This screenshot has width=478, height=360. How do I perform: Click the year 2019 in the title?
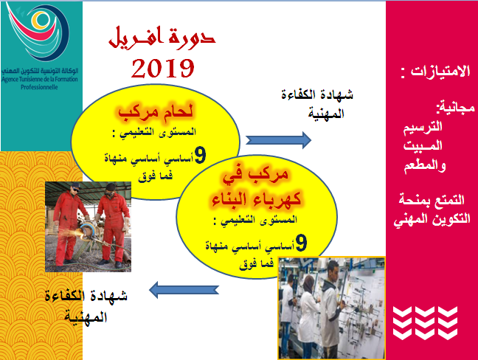tap(163, 68)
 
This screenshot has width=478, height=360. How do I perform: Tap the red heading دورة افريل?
tap(162, 38)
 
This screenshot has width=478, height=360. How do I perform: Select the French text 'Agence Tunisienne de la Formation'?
tap(40, 80)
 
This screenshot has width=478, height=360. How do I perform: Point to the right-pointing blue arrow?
tap(278, 140)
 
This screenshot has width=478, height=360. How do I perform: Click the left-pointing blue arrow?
tap(184, 290)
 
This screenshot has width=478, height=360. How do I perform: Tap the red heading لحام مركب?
tap(156, 112)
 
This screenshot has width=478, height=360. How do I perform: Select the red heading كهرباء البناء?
tap(257, 199)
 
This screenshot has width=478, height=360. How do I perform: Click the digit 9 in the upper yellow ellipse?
tap(200, 156)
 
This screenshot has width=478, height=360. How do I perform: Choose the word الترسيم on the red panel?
tap(423, 127)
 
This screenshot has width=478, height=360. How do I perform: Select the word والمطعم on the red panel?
tap(425, 167)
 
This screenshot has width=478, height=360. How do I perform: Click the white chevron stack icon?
tap(425, 323)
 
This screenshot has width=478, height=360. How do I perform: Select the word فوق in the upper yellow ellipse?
tap(145, 176)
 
